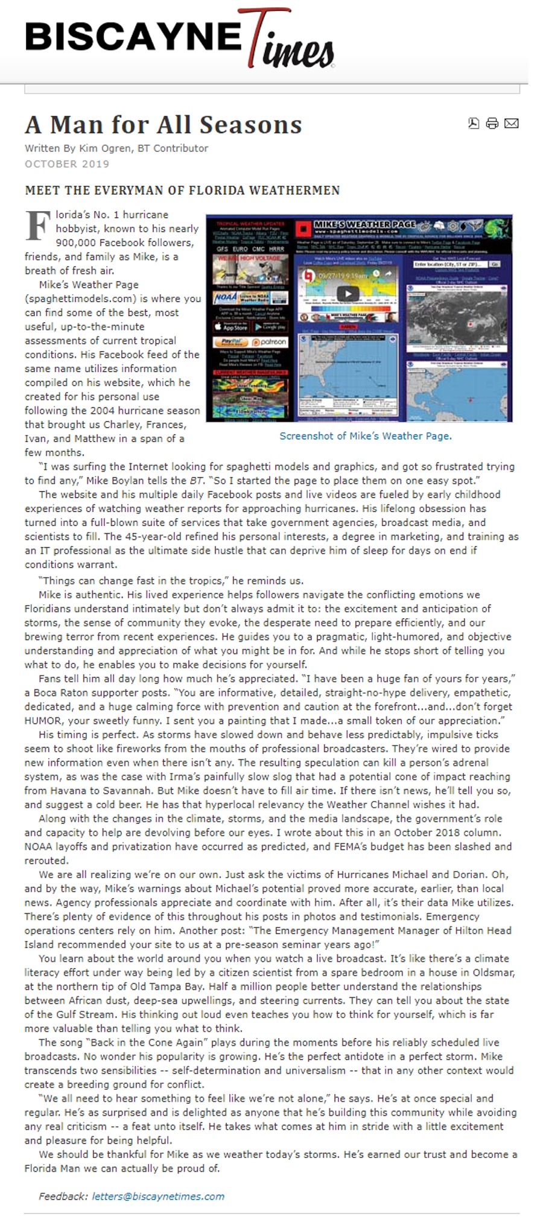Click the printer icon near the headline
click(x=492, y=124)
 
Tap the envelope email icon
click(x=512, y=124)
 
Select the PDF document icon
click(x=474, y=124)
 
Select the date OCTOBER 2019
click(x=67, y=164)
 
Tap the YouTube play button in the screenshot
click(x=348, y=294)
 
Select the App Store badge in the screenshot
click(x=231, y=327)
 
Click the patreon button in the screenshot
click(x=270, y=342)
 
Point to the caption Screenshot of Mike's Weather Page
click(x=365, y=435)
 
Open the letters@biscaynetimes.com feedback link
click(x=158, y=1196)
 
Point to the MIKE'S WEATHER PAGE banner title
click(x=364, y=224)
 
